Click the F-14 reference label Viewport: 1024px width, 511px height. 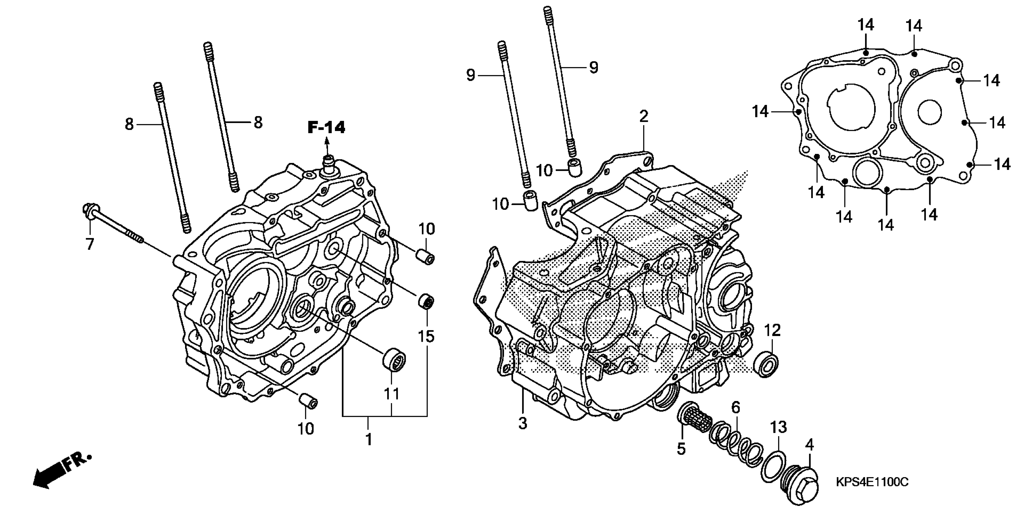tap(326, 127)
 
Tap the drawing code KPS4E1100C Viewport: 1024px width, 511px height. tap(872, 482)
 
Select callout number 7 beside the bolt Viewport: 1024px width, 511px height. tap(90, 244)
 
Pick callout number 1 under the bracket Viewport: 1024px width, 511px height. tap(369, 439)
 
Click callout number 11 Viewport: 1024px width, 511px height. tap(391, 393)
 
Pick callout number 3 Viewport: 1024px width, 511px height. tap(523, 423)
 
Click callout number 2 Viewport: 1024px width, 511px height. tap(644, 116)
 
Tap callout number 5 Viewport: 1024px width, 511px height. tap(681, 449)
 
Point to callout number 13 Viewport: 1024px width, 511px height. tap(778, 427)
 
